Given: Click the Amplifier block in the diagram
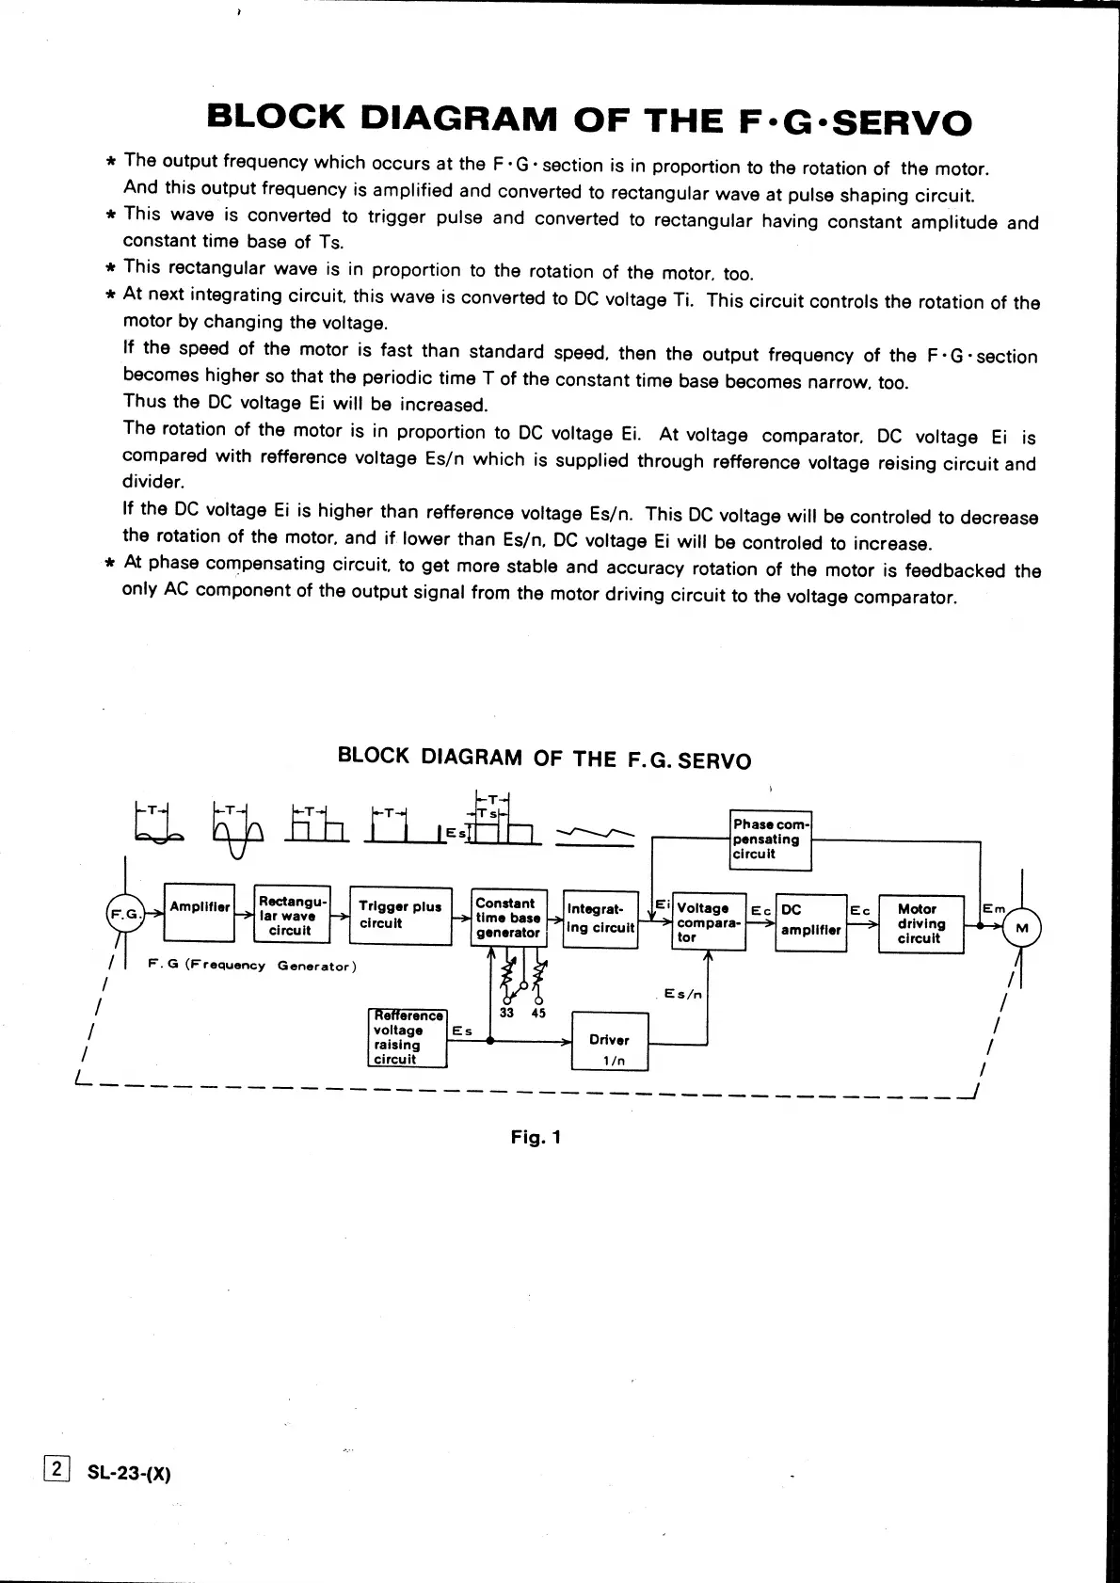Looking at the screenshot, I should tap(199, 911).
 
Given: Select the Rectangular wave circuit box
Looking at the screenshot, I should tap(292, 915).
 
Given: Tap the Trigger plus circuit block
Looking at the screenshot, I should tap(400, 916).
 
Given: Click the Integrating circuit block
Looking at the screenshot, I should tap(600, 919).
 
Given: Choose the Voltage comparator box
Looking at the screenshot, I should tap(709, 922).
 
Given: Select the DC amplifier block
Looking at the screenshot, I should tap(810, 922).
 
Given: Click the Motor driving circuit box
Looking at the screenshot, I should tap(920, 924).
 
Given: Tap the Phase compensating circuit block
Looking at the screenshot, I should tap(771, 839).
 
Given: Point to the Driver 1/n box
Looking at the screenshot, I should tap(610, 1042).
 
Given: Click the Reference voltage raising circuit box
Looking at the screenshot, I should tap(407, 1037).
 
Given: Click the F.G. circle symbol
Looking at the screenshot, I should tap(125, 914).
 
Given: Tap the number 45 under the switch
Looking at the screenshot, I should tap(538, 1014).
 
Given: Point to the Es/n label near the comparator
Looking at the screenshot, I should tap(683, 994).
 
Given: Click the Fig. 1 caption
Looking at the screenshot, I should tap(536, 1137).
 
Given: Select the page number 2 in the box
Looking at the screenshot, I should tap(56, 1468).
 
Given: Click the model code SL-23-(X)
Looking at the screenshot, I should tap(129, 1473).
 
